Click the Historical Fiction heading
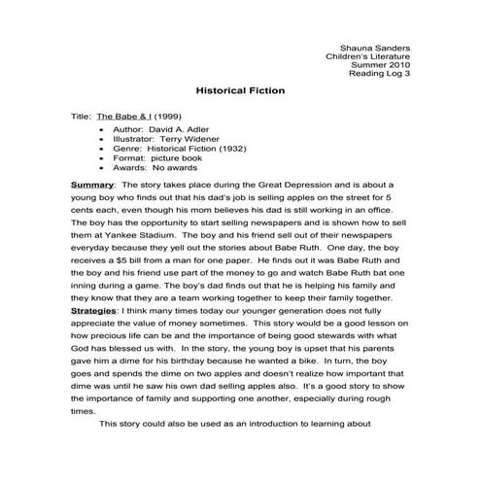240,90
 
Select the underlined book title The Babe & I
123,116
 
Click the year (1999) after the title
168,116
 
